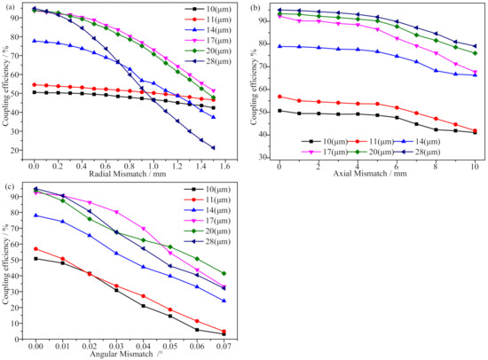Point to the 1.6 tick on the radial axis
(224, 165)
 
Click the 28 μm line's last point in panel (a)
(213, 148)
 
